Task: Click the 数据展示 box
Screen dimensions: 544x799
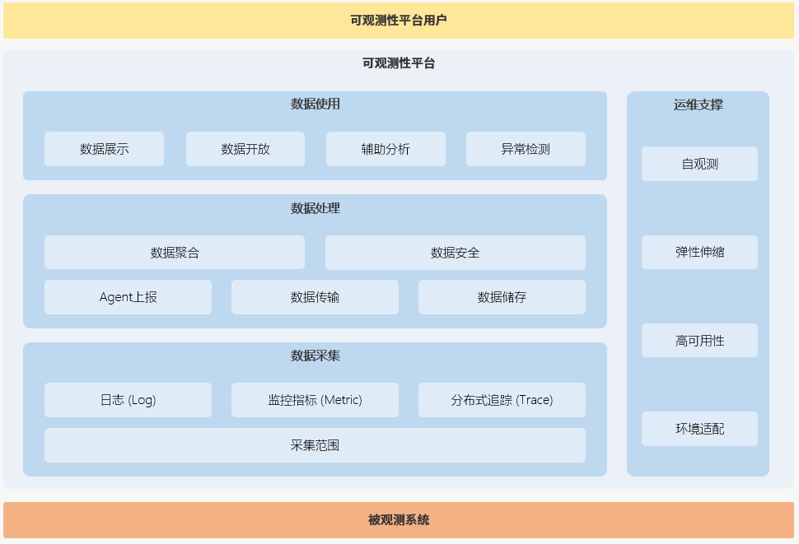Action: pos(104,149)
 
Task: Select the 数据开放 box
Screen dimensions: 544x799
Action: pos(245,149)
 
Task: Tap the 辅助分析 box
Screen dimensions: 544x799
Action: pos(385,149)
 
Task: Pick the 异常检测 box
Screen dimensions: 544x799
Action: pos(526,149)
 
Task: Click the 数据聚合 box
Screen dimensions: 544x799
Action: pos(175,253)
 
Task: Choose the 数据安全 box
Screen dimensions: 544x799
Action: pos(455,253)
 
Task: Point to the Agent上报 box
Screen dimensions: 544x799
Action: pos(128,297)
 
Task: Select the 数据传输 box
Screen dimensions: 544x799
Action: pos(315,297)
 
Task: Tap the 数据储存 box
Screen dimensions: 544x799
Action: pos(502,297)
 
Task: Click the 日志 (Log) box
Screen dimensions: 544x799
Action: pos(128,400)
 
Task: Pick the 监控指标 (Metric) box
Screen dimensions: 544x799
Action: pos(315,400)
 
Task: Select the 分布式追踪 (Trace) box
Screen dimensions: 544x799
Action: pos(502,400)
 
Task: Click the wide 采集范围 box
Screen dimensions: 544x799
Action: pos(315,445)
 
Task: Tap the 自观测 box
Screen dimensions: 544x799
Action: pos(699,164)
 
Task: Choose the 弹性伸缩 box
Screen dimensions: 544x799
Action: pos(699,252)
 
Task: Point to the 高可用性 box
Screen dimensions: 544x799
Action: pos(699,341)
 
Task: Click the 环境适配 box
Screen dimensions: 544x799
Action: pos(699,429)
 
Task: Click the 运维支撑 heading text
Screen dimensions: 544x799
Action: pos(698,105)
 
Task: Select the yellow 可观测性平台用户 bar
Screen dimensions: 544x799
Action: pos(399,21)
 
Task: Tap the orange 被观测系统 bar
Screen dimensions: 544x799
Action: pos(399,520)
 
